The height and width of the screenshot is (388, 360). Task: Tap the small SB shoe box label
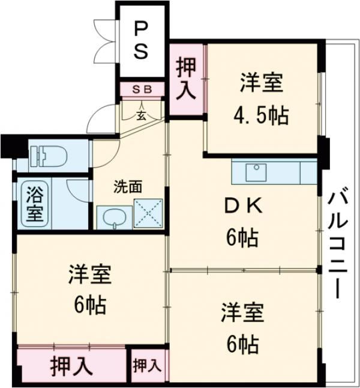pos(141,89)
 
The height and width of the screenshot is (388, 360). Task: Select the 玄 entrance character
pos(140,115)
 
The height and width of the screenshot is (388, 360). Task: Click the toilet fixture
pos(48,157)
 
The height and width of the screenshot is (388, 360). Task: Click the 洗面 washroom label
pos(128,186)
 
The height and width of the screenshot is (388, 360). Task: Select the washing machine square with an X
pos(147,214)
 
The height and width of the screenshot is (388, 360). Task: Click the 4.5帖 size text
pos(261,114)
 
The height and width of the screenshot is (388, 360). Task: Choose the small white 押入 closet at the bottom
pos(147,365)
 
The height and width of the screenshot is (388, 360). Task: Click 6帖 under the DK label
pos(242,238)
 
